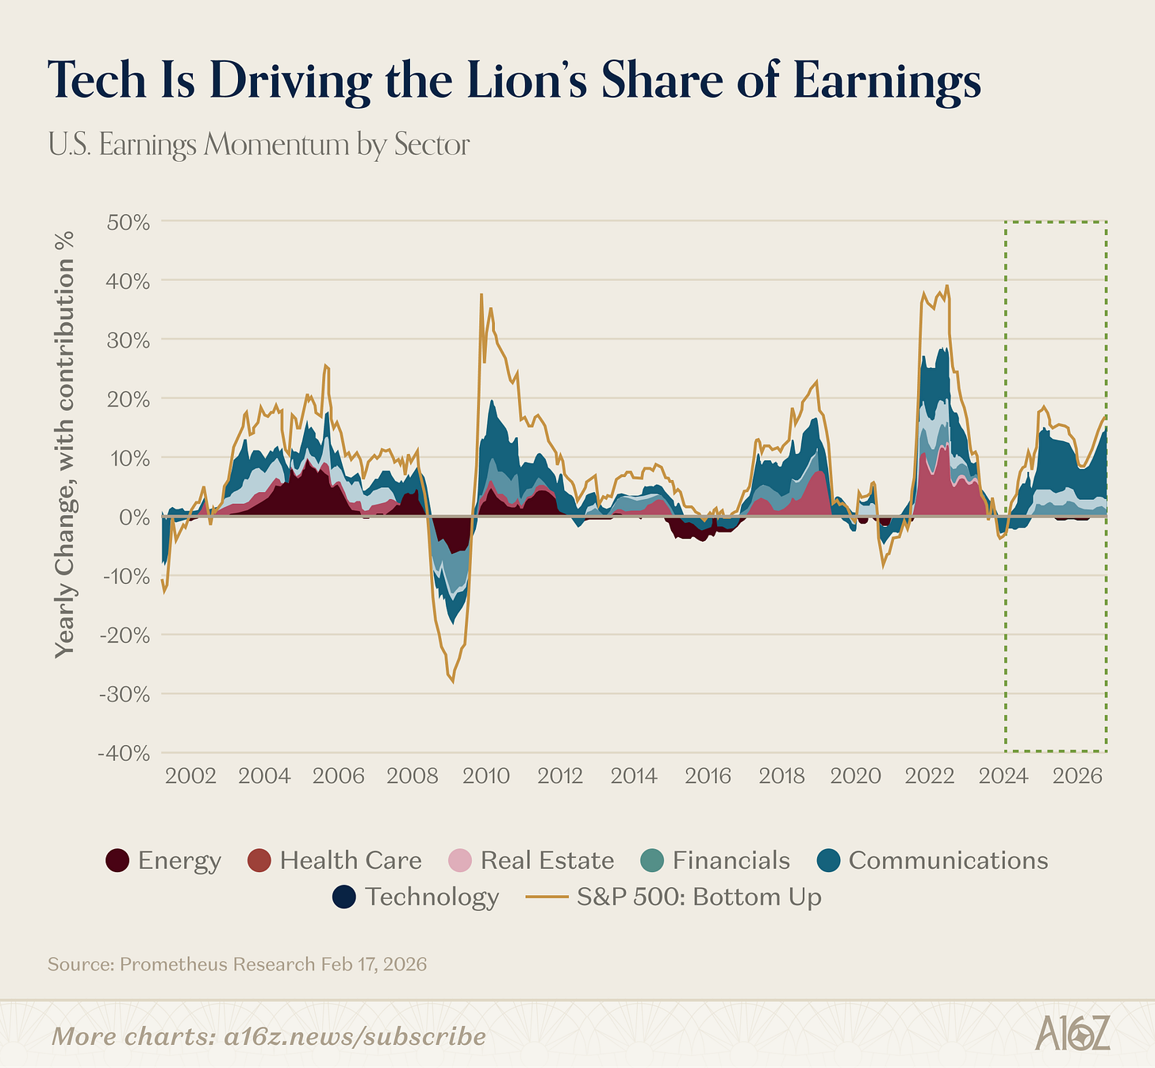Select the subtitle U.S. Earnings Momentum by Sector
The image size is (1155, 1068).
pyautogui.click(x=259, y=145)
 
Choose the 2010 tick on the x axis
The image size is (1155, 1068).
pyautogui.click(x=485, y=775)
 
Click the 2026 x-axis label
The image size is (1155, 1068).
pyautogui.click(x=1076, y=775)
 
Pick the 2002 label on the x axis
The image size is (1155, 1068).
pyautogui.click(x=191, y=775)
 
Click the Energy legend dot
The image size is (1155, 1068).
pyautogui.click(x=117, y=861)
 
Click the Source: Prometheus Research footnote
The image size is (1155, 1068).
pyautogui.click(x=237, y=965)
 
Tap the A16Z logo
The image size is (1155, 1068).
pyautogui.click(x=1072, y=1036)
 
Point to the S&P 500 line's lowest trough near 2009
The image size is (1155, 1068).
pyautogui.click(x=452, y=681)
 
